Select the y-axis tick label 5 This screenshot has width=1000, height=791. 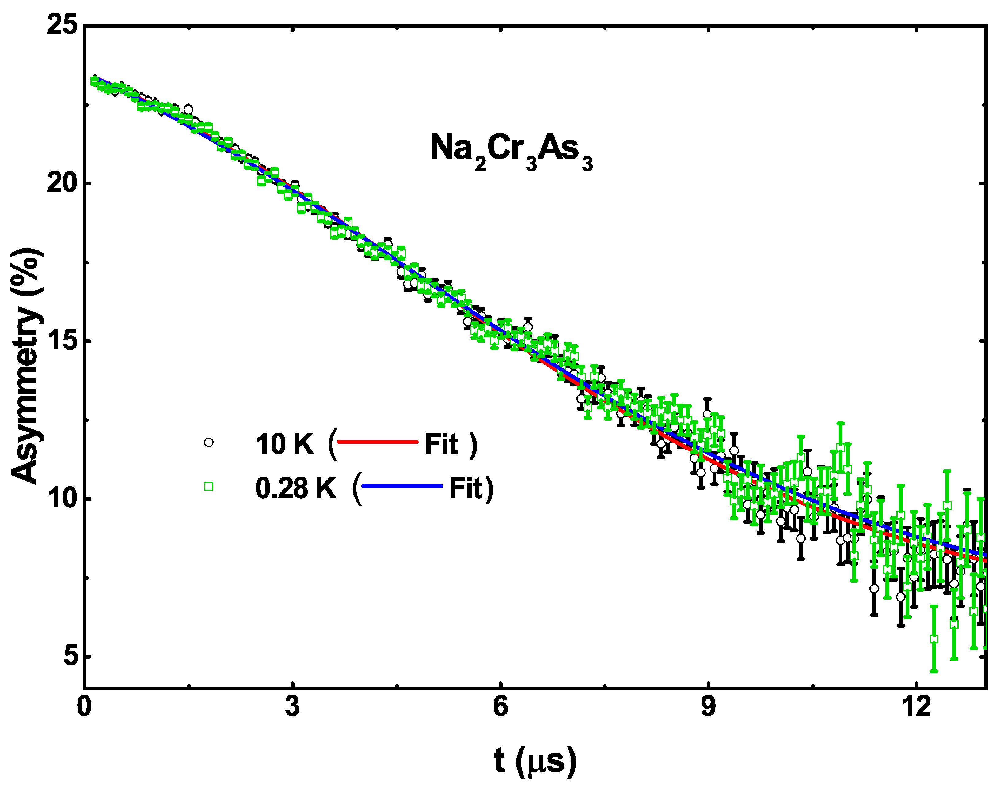tap(71, 657)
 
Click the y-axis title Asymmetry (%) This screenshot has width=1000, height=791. tap(27, 366)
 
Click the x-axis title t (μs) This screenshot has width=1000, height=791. tap(535, 761)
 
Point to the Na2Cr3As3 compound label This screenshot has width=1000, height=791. tap(511, 150)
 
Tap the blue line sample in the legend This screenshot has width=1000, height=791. tap(402, 486)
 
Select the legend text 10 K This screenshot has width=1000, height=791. tap(284, 444)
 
